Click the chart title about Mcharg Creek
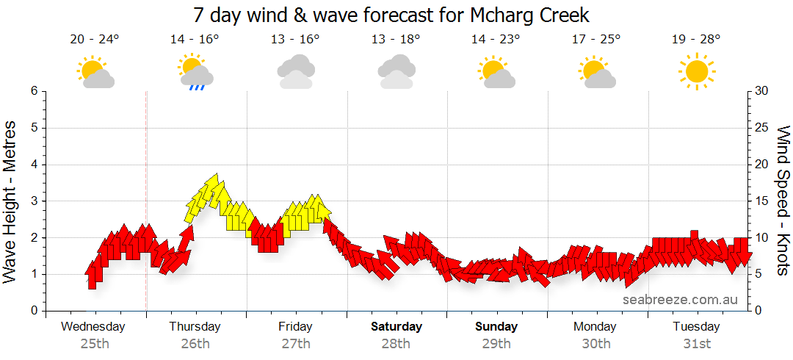[391, 15]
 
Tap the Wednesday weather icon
[95, 73]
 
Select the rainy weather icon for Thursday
[195, 73]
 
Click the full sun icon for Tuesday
[695, 72]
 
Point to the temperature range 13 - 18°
[396, 40]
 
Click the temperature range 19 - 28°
[695, 40]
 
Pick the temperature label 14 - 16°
[195, 40]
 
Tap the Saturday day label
[396, 326]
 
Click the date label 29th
[496, 343]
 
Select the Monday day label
[595, 326]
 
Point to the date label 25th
[94, 343]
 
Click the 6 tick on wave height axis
[33, 91]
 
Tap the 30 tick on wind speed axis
[762, 91]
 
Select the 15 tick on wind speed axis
[762, 201]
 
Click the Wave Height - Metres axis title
[12, 201]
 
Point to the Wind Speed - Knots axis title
[783, 201]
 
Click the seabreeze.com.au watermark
[680, 299]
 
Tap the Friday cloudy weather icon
[296, 72]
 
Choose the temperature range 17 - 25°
[595, 40]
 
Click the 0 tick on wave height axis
[33, 311]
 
